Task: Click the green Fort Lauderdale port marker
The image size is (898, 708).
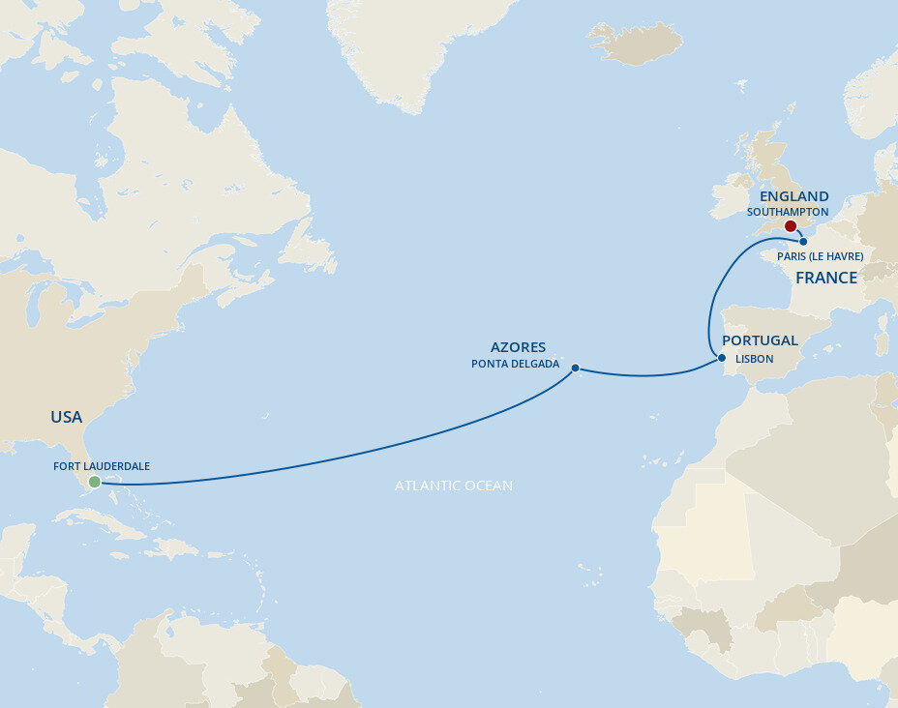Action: (x=94, y=482)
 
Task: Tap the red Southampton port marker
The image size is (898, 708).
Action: (x=790, y=226)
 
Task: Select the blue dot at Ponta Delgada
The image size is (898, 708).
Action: (x=576, y=368)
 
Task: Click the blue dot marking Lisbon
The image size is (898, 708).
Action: (x=722, y=358)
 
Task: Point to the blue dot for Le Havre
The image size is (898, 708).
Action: (x=803, y=241)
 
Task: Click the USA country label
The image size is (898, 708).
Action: (x=67, y=417)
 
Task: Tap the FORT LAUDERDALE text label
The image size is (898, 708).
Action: (x=102, y=466)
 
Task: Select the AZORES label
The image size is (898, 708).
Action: (x=518, y=347)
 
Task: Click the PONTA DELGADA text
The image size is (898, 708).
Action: (x=515, y=364)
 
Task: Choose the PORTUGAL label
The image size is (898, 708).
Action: (x=760, y=340)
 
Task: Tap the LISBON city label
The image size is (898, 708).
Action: (x=755, y=358)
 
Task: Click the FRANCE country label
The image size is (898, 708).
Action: (x=825, y=278)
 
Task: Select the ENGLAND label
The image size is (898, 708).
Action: (x=793, y=196)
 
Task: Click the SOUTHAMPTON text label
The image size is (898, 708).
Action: (x=788, y=211)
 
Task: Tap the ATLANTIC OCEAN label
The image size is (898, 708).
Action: (x=454, y=486)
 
